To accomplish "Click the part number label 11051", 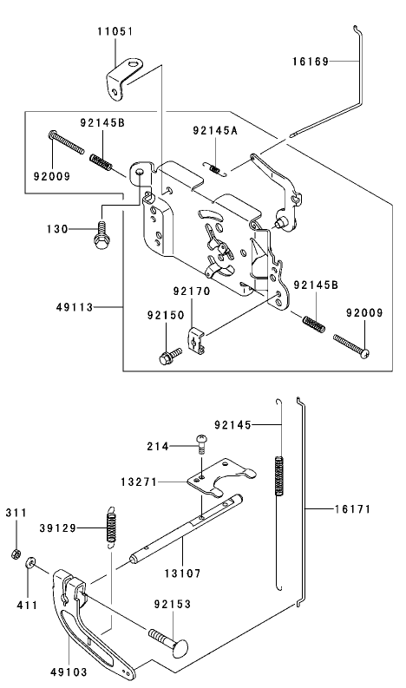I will [115, 31].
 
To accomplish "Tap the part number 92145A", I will [213, 131].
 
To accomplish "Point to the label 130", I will [56, 230].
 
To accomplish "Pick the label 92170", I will [191, 292].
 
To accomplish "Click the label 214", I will [157, 446].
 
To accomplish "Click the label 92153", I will [174, 603].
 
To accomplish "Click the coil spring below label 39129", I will [110, 526].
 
